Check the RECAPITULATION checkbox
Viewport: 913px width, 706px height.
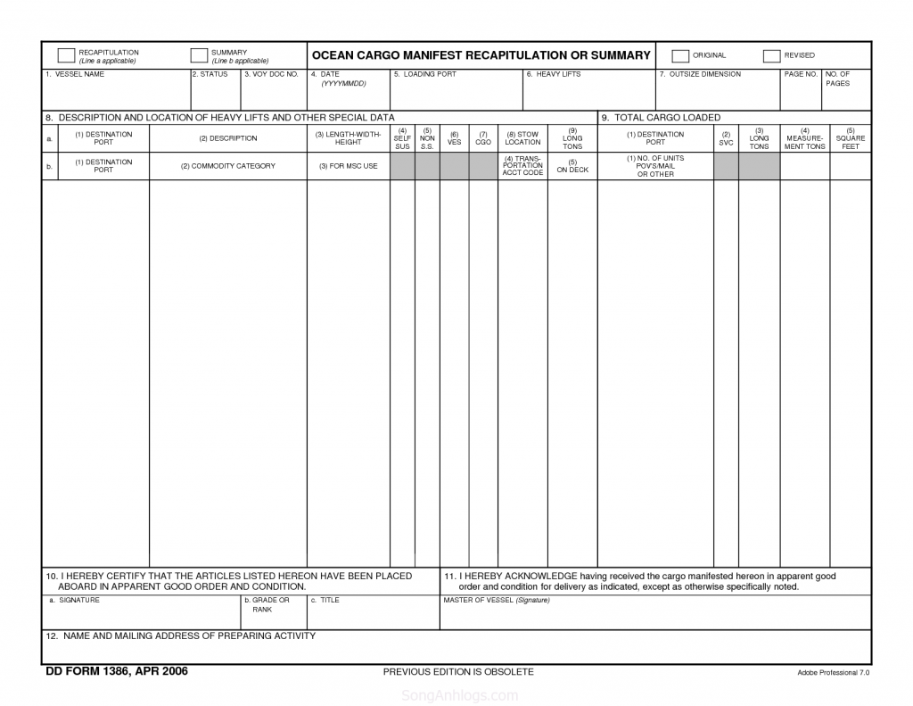click(66, 55)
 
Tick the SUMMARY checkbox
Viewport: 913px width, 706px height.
click(199, 55)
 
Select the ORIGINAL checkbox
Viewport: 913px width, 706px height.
click(680, 56)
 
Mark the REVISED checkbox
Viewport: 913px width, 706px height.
click(772, 56)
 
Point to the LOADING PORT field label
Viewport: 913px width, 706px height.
click(429, 74)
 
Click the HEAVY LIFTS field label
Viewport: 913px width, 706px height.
click(557, 74)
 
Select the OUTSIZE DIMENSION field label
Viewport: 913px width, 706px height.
click(704, 74)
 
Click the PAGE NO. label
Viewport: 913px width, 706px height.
click(801, 74)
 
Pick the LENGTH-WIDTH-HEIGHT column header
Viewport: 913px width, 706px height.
click(348, 138)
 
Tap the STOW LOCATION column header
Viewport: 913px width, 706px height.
click(522, 138)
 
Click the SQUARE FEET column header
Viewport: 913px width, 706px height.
click(850, 138)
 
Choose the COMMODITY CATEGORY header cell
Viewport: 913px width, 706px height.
click(227, 166)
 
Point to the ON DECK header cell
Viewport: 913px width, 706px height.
click(572, 166)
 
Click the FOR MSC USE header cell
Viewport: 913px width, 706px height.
click(348, 166)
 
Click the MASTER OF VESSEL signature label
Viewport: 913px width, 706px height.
click(496, 600)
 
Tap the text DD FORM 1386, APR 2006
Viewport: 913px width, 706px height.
click(117, 671)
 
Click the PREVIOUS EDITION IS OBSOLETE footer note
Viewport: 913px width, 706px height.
click(457, 671)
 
